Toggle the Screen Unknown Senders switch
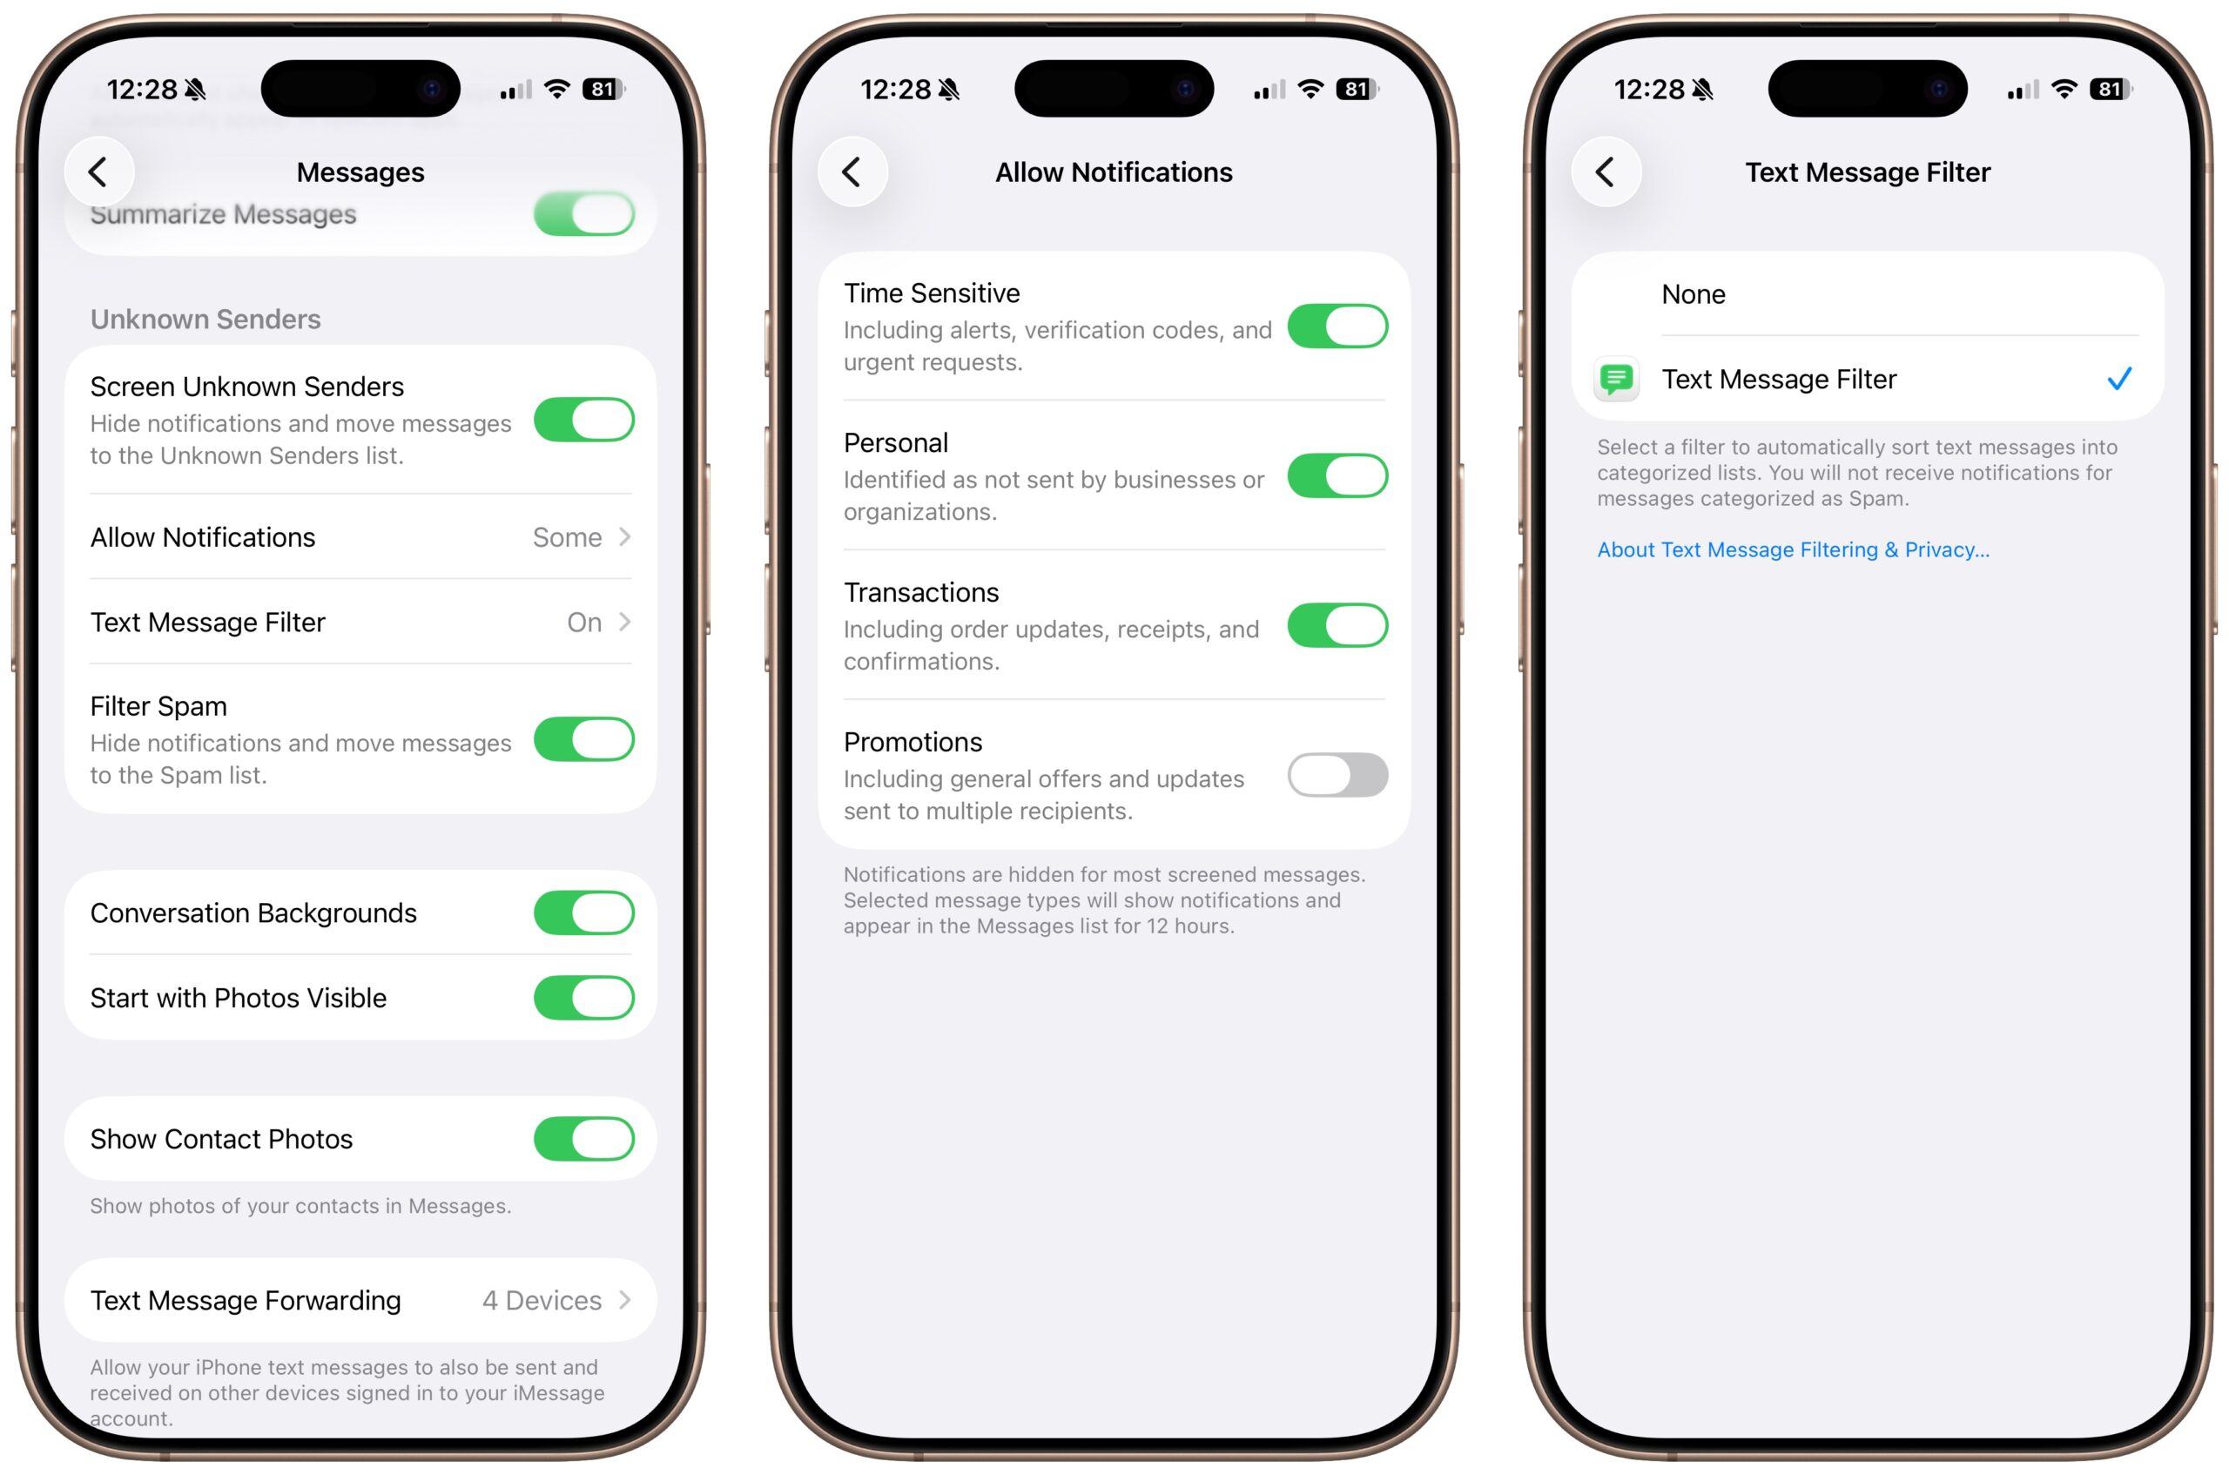583,420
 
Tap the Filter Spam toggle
583,739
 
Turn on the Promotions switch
1337,775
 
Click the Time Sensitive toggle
1337,327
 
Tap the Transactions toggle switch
1337,625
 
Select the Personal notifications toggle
1337,476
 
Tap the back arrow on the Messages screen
98,172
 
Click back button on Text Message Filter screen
1605,172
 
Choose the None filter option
1693,294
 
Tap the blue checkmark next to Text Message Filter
2118,379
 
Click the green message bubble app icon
1616,379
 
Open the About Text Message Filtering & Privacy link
1792,549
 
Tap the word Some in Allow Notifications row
566,537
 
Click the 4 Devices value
542,1300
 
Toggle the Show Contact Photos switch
583,1139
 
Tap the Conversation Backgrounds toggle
583,913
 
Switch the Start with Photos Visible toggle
583,998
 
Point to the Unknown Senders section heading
205,319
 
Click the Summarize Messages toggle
583,214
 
